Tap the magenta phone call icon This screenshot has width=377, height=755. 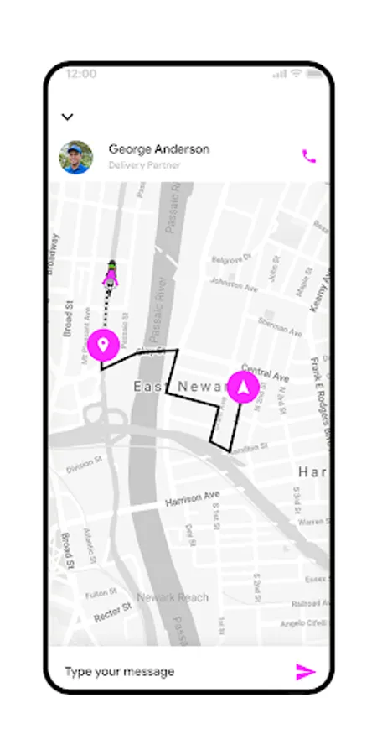(309, 156)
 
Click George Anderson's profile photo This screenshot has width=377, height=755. (76, 157)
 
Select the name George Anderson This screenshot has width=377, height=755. (158, 149)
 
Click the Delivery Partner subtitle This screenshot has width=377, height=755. (144, 165)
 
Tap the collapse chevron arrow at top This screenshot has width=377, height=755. (68, 117)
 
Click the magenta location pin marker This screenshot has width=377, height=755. (103, 345)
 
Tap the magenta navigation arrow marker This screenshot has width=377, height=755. (244, 387)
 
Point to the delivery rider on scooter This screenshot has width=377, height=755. (111, 274)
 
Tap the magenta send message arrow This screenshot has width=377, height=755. (306, 671)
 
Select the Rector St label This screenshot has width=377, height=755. (113, 612)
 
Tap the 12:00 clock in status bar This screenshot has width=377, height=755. (80, 74)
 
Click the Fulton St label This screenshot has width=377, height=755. (101, 592)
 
